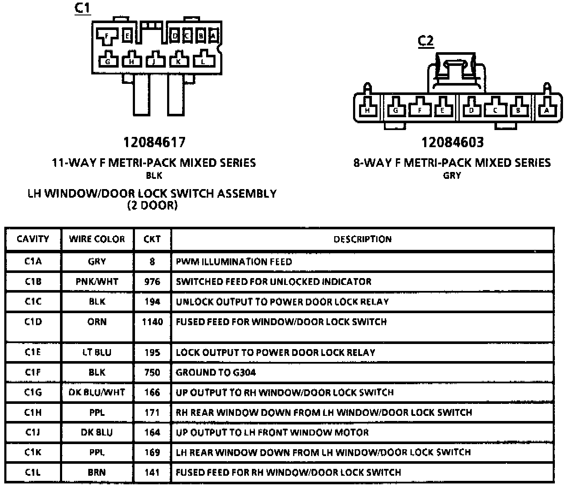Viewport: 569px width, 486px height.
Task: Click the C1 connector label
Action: tap(83, 8)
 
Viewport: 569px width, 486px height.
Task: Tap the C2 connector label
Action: tap(425, 41)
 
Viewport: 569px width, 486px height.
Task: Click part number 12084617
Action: tap(154, 142)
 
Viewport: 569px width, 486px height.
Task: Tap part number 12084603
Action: tap(452, 142)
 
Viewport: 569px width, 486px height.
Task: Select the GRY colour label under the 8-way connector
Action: tap(452, 175)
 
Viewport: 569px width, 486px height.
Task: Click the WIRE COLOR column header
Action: tap(97, 239)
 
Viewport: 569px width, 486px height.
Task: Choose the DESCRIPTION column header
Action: tap(362, 239)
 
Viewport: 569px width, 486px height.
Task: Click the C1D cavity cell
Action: tap(33, 322)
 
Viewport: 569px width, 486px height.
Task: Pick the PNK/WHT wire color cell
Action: tap(97, 282)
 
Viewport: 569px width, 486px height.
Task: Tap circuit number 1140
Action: tap(152, 322)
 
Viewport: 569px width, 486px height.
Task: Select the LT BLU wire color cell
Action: tap(97, 353)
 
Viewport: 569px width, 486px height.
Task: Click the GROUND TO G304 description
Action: tap(216, 373)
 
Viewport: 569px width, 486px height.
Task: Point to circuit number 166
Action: tap(152, 392)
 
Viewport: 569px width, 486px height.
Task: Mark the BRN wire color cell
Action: tap(97, 472)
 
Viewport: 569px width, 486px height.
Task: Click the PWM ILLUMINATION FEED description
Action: tap(234, 261)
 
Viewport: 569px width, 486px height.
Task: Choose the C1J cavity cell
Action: tap(33, 432)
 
